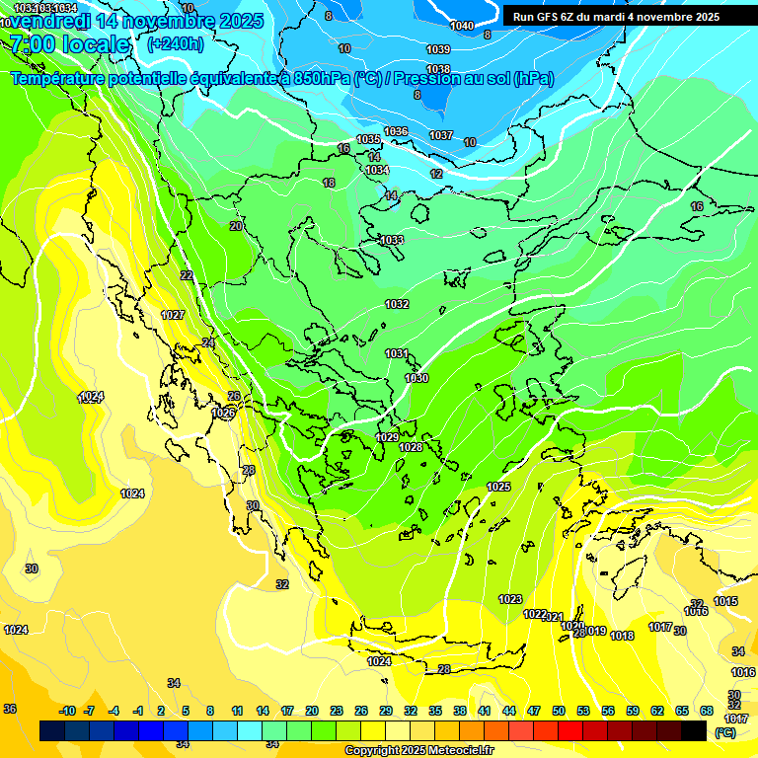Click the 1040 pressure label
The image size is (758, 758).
(461, 26)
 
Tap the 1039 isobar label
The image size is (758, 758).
(438, 49)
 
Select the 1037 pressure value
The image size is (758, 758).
(441, 135)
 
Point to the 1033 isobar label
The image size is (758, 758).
(392, 240)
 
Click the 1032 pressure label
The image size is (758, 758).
(397, 304)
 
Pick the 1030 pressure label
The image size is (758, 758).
(417, 378)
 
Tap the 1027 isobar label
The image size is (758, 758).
(173, 315)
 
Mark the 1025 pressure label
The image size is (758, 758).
(498, 487)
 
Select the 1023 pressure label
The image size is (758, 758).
(510, 599)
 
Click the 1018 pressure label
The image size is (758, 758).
(622, 636)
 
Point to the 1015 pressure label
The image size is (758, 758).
(725, 601)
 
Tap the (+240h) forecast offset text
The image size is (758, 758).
(175, 43)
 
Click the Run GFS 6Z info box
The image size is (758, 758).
(616, 17)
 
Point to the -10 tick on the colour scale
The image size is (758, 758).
(67, 711)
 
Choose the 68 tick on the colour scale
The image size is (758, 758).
(707, 711)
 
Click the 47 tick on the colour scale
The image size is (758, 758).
(534, 711)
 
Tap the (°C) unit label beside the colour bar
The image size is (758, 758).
(725, 732)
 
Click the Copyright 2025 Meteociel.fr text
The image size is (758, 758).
(418, 750)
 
